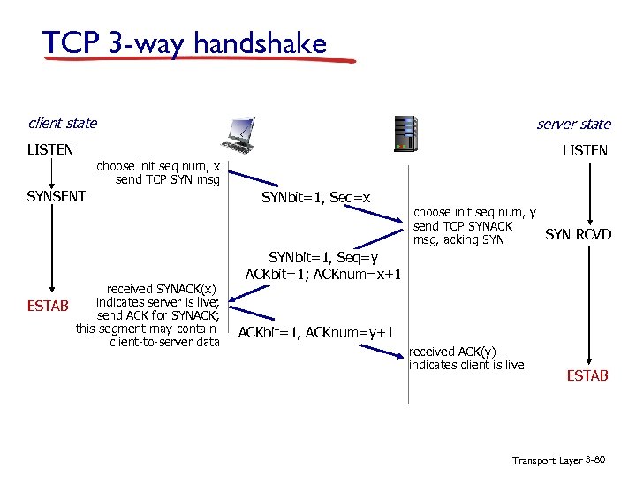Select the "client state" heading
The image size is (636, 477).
click(62, 124)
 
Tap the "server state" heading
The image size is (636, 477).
click(573, 125)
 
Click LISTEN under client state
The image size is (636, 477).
click(50, 150)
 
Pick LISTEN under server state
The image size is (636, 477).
click(585, 151)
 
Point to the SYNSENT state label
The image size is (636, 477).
click(57, 196)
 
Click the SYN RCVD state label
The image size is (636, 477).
click(578, 234)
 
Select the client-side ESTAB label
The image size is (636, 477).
click(49, 308)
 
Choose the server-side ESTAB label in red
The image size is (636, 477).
click(587, 375)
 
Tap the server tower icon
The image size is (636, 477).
click(405, 134)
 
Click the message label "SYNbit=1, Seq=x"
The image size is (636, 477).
click(315, 197)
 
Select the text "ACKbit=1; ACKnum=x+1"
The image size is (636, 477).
click(324, 273)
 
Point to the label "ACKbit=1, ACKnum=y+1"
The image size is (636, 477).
click(315, 332)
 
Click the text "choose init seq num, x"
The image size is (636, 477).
click(158, 166)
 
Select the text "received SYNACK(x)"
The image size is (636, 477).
click(163, 289)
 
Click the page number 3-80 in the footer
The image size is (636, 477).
click(594, 460)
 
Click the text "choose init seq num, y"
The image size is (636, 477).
click(474, 212)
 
